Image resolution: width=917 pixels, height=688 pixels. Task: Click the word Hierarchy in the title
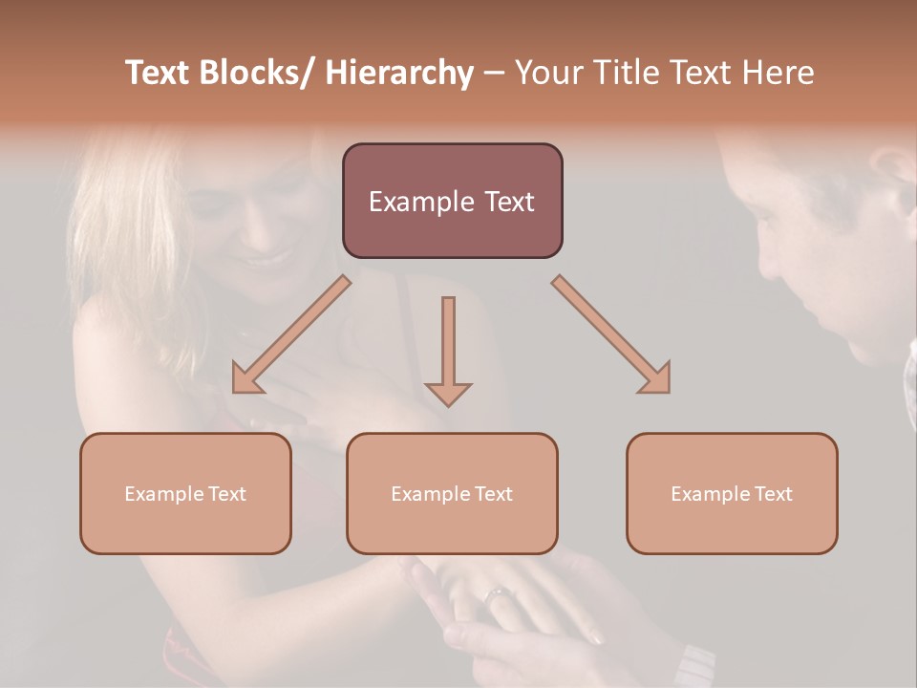[x=399, y=74]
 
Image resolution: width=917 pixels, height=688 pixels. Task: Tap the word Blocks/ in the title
[x=257, y=74]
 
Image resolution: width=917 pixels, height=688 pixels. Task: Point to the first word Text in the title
[x=160, y=74]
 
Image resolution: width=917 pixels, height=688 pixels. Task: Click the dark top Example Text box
[x=452, y=201]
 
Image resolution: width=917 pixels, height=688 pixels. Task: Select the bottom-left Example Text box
[x=185, y=493]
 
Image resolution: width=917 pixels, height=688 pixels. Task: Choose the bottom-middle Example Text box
[x=452, y=493]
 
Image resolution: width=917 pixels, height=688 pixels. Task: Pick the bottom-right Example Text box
[x=732, y=493]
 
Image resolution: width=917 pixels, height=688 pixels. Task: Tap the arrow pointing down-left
[x=290, y=335]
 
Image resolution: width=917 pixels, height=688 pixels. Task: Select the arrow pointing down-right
[x=612, y=335]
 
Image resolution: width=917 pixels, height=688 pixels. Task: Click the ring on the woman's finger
[x=498, y=596]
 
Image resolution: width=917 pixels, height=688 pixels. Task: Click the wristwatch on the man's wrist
[x=694, y=665]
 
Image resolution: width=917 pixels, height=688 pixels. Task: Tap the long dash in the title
[x=493, y=74]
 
